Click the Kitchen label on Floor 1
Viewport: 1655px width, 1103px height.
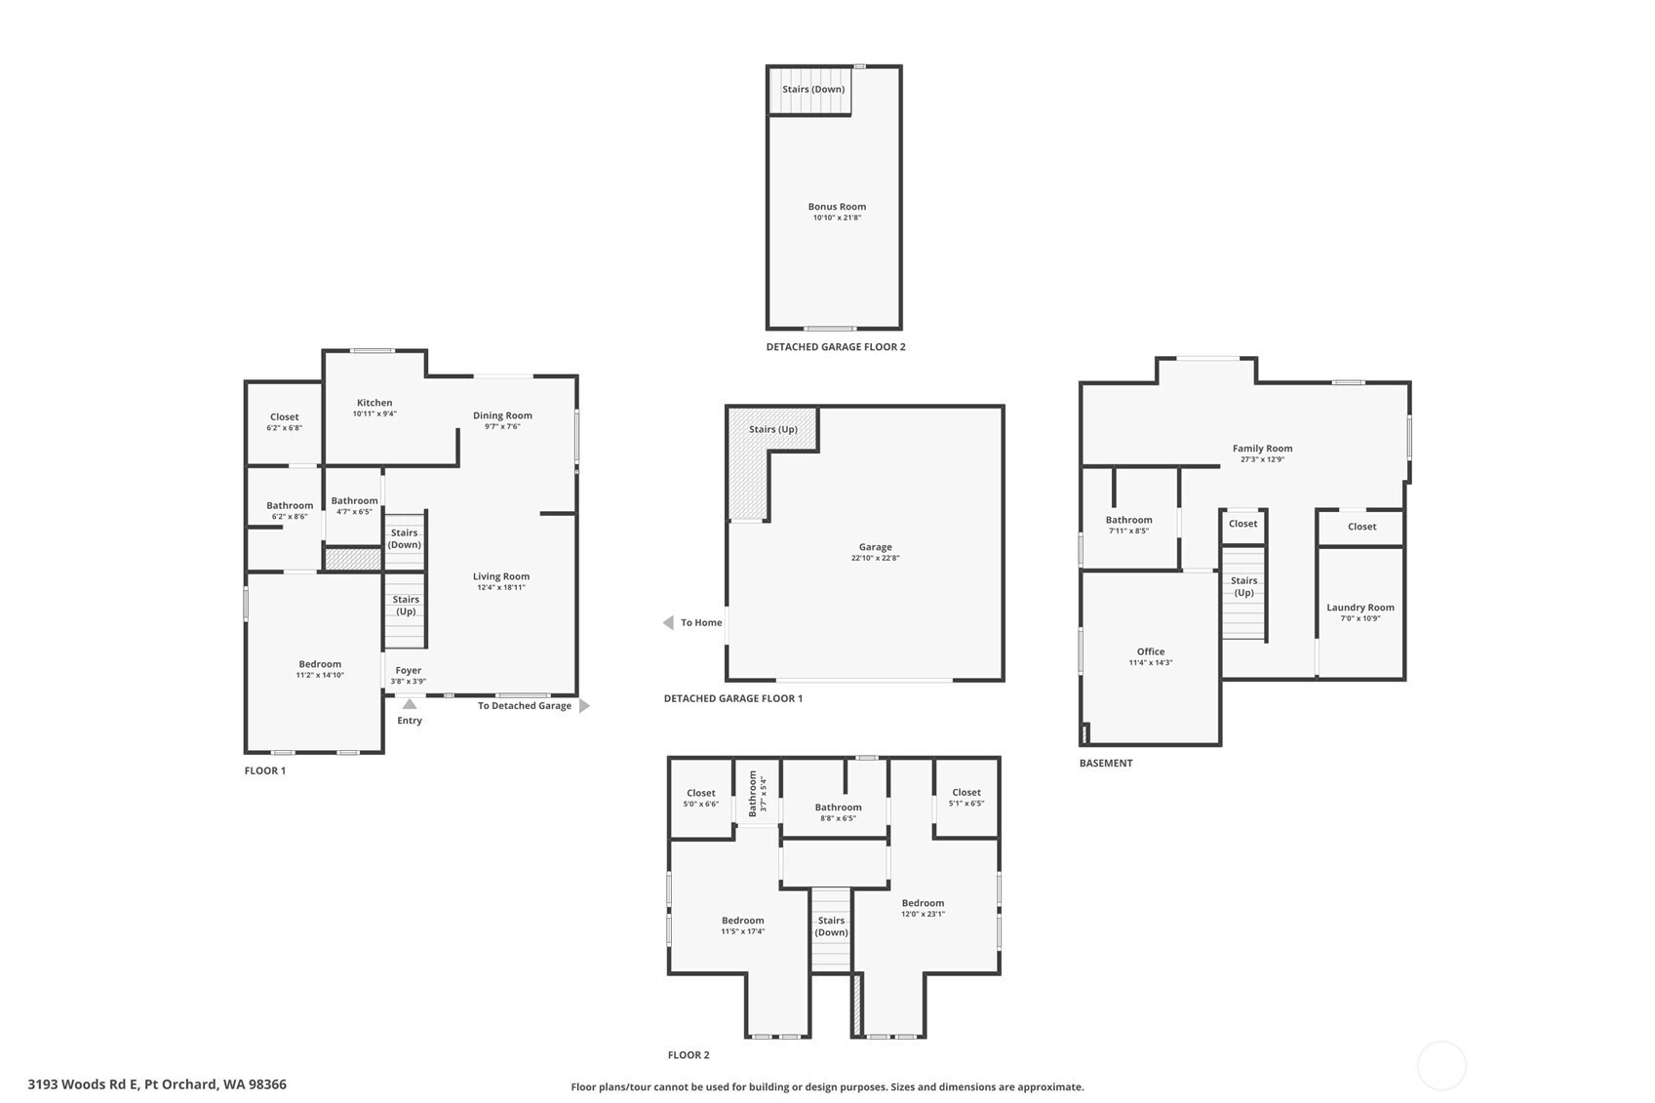pyautogui.click(x=374, y=403)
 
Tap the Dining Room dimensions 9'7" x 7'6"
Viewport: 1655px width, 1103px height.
pyautogui.click(x=502, y=426)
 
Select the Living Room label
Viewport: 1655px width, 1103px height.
pyautogui.click(x=501, y=576)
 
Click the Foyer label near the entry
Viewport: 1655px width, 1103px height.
pyautogui.click(x=408, y=670)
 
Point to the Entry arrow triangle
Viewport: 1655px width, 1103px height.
pyautogui.click(x=410, y=704)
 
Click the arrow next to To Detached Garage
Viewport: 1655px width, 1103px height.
pyautogui.click(x=583, y=705)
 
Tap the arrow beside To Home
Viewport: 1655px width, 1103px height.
pyautogui.click(x=668, y=623)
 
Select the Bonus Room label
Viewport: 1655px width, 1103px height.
pyautogui.click(x=837, y=207)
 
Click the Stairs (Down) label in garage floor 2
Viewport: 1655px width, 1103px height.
pyautogui.click(x=813, y=90)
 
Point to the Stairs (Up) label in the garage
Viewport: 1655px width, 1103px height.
pyautogui.click(x=772, y=429)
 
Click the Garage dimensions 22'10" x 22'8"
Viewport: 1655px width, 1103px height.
pyautogui.click(x=875, y=558)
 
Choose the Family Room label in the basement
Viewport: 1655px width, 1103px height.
pyautogui.click(x=1262, y=449)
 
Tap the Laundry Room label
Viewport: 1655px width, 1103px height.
pyautogui.click(x=1360, y=608)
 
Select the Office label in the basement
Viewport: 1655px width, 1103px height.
pyautogui.click(x=1151, y=651)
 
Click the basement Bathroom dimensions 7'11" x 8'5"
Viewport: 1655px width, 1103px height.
pyautogui.click(x=1128, y=531)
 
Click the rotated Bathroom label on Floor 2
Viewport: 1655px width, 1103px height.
pyautogui.click(x=753, y=794)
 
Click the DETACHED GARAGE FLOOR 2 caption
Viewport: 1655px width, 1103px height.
pyautogui.click(x=836, y=346)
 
